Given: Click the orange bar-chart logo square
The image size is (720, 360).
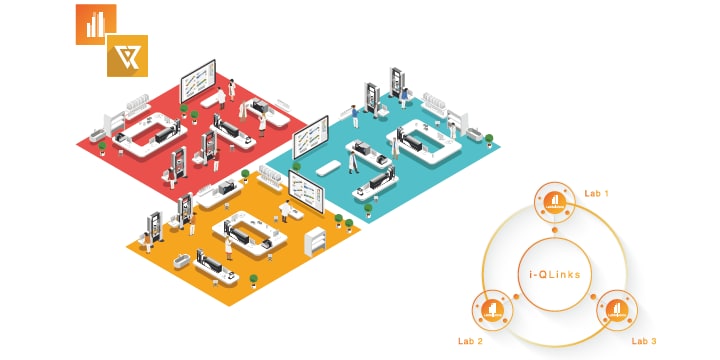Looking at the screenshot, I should click(96, 24).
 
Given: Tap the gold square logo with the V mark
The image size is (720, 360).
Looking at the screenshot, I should click(127, 56).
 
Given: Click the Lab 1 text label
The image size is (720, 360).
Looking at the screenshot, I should click(596, 191).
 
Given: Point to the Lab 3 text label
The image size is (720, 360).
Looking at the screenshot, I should click(644, 341).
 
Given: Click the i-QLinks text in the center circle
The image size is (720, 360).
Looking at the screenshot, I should click(554, 273).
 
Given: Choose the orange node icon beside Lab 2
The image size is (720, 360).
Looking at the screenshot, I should click(493, 310).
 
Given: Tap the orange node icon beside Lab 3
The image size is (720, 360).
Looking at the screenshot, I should click(615, 310).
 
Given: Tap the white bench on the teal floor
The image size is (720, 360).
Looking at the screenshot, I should click(322, 170).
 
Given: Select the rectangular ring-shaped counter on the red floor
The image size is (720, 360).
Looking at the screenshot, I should click(150, 130).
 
